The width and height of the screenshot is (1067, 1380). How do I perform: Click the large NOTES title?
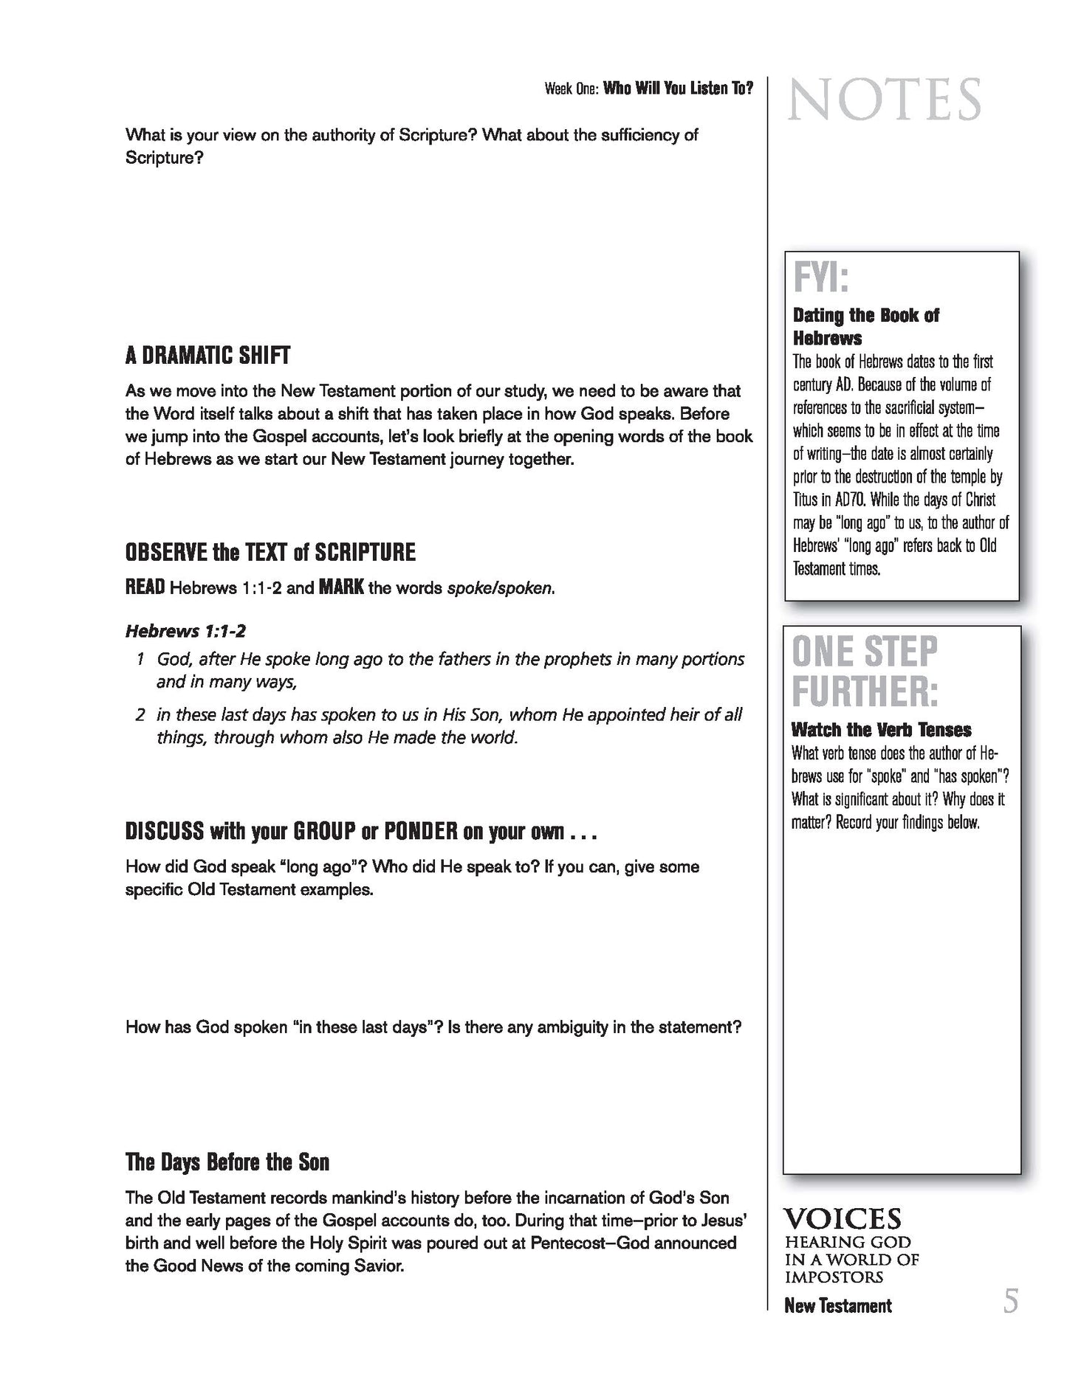coord(884,100)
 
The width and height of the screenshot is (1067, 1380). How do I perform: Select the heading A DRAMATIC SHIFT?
coord(207,356)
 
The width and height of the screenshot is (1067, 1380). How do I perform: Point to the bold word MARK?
coord(340,589)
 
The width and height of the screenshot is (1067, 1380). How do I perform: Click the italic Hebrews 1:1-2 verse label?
coord(185,631)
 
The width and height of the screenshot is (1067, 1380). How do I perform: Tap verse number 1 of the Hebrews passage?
coord(140,659)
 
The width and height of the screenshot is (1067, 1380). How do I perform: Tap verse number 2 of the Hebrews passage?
coord(140,714)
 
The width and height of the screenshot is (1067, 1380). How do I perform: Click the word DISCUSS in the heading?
coord(164,832)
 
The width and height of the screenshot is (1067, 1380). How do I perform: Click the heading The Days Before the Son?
coord(227,1162)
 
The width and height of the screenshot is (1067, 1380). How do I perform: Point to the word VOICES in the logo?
coord(843,1218)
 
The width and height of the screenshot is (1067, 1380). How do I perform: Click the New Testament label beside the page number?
coord(837,1305)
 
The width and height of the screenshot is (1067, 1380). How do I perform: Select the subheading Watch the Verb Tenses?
coord(881,730)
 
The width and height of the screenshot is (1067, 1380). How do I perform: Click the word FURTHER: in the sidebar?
coord(865,691)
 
